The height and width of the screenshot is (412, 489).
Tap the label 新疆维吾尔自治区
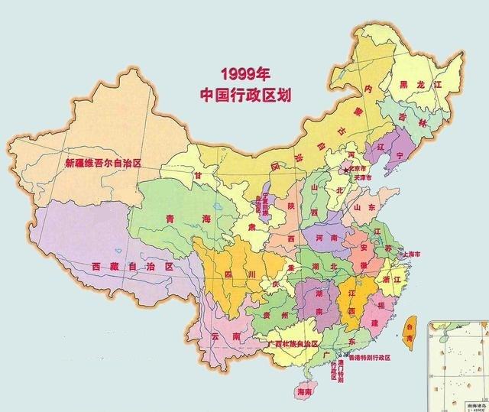click(103, 164)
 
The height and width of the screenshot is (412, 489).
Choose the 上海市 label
click(416, 253)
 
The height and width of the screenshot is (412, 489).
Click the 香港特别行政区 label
click(369, 358)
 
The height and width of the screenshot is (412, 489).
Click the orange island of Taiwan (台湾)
click(407, 329)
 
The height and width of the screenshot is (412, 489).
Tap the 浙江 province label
click(400, 280)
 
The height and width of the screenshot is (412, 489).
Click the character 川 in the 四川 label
click(252, 274)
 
